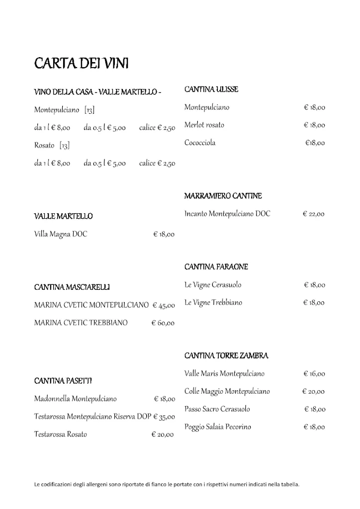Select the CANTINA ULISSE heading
(x=211, y=89)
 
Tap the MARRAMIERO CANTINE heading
(x=223, y=196)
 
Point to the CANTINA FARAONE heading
(x=216, y=267)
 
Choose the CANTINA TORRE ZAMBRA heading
(x=226, y=356)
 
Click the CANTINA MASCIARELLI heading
(x=72, y=287)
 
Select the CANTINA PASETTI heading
(x=63, y=381)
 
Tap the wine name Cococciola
(x=200, y=143)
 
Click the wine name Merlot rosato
(x=204, y=125)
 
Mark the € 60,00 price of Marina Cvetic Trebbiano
(x=163, y=323)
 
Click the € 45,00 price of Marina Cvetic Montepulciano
(x=164, y=305)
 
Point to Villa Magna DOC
(x=61, y=234)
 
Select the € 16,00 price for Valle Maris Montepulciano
(x=314, y=374)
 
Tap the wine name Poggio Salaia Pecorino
(x=217, y=427)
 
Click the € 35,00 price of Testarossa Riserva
(x=164, y=417)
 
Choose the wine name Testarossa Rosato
(x=61, y=434)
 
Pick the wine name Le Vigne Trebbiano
(x=213, y=303)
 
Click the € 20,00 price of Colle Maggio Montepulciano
(x=313, y=392)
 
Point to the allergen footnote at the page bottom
(x=167, y=484)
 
